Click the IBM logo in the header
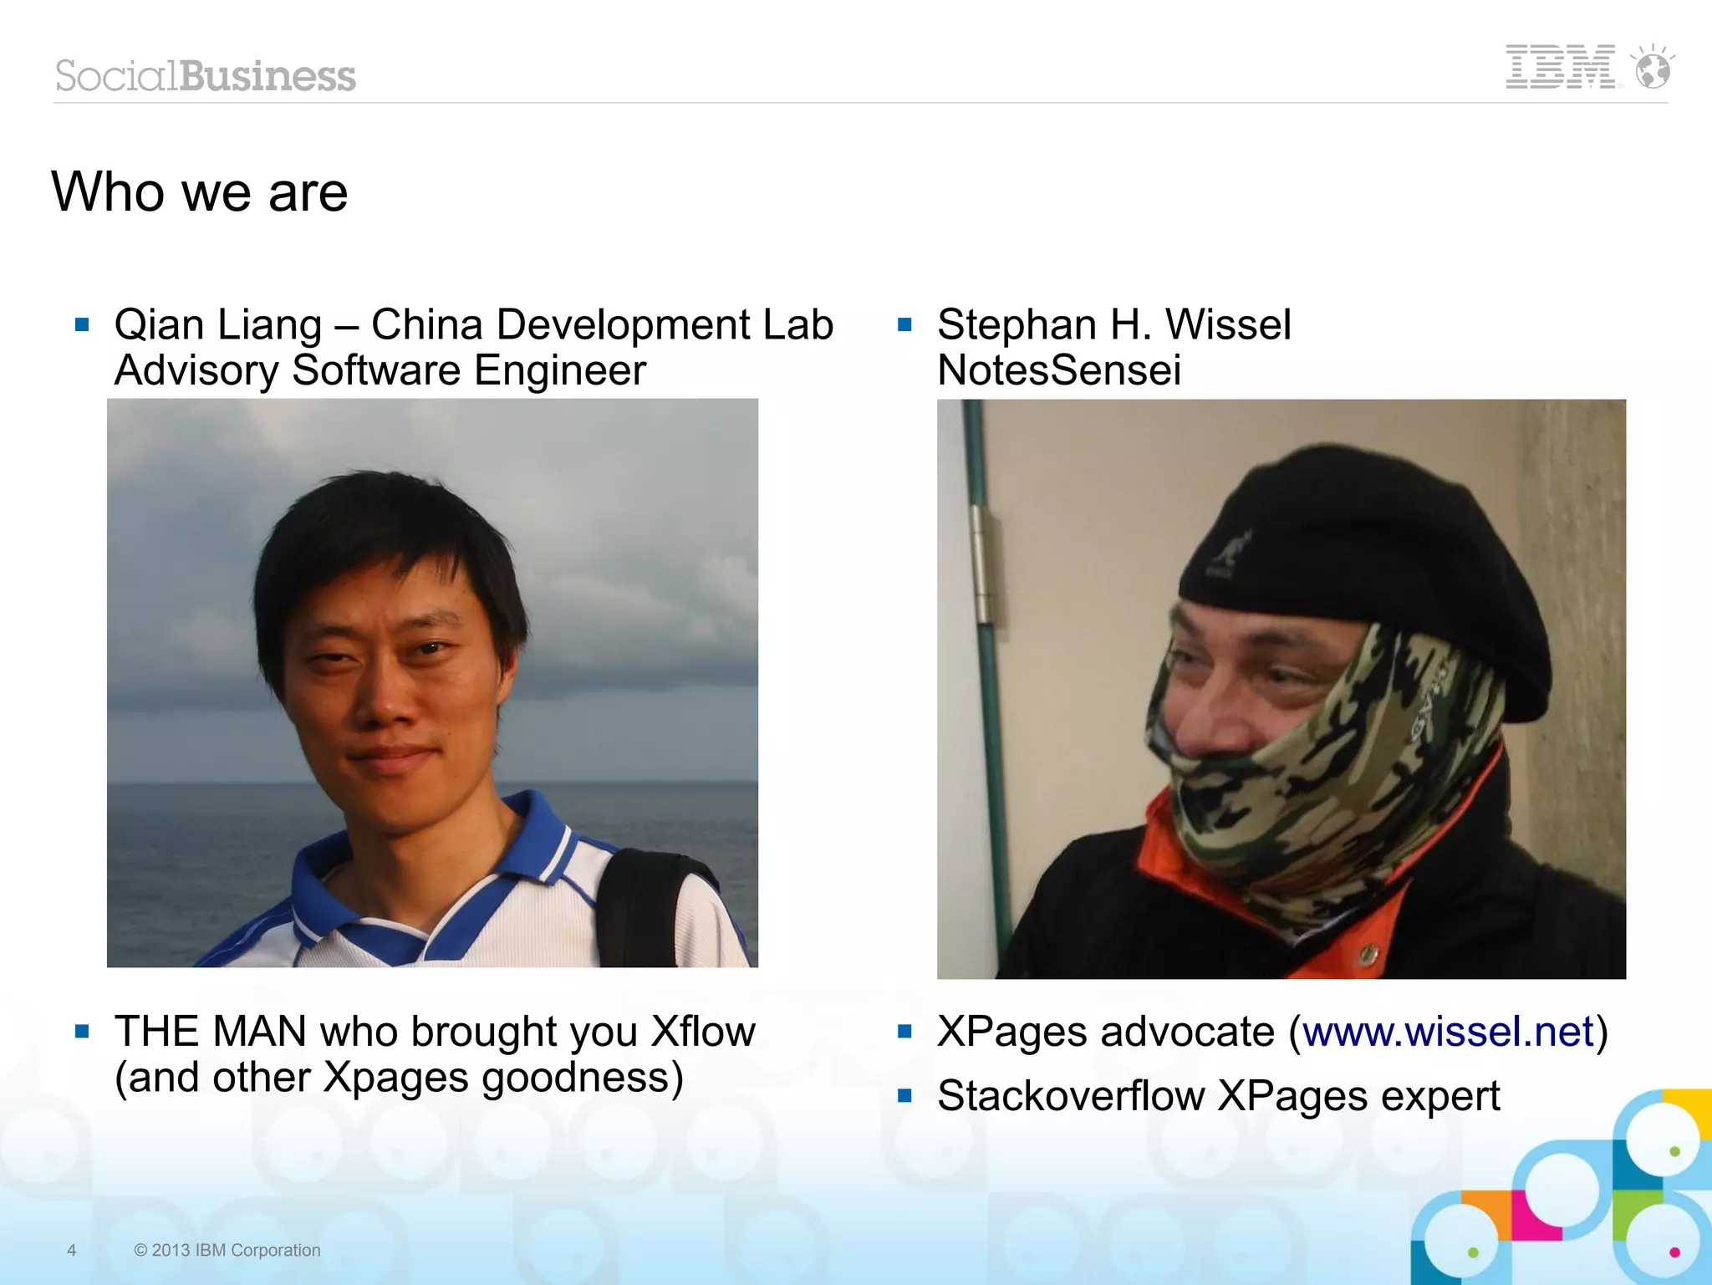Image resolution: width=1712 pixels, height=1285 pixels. coord(1560,67)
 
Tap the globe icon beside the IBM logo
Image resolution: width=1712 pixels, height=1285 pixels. coord(1653,69)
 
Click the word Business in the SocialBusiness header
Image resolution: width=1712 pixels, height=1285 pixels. coord(267,76)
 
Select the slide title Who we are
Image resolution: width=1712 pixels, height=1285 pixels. coord(199,191)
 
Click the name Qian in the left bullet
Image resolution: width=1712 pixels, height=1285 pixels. coord(158,324)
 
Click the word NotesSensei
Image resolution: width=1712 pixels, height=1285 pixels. coord(1058,370)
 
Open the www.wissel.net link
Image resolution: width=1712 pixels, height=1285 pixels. coord(1448,1032)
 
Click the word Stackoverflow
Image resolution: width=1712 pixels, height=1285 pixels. coord(1069,1096)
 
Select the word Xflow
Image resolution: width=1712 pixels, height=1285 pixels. coord(702,1032)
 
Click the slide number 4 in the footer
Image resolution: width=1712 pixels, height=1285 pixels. coord(72,1250)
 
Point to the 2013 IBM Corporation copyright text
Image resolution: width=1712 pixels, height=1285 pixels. coord(227,1250)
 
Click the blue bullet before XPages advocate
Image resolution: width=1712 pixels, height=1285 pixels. coord(904,1032)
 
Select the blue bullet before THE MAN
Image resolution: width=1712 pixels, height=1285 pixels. coord(82,1032)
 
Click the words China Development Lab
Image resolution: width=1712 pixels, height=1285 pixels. coord(602,324)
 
